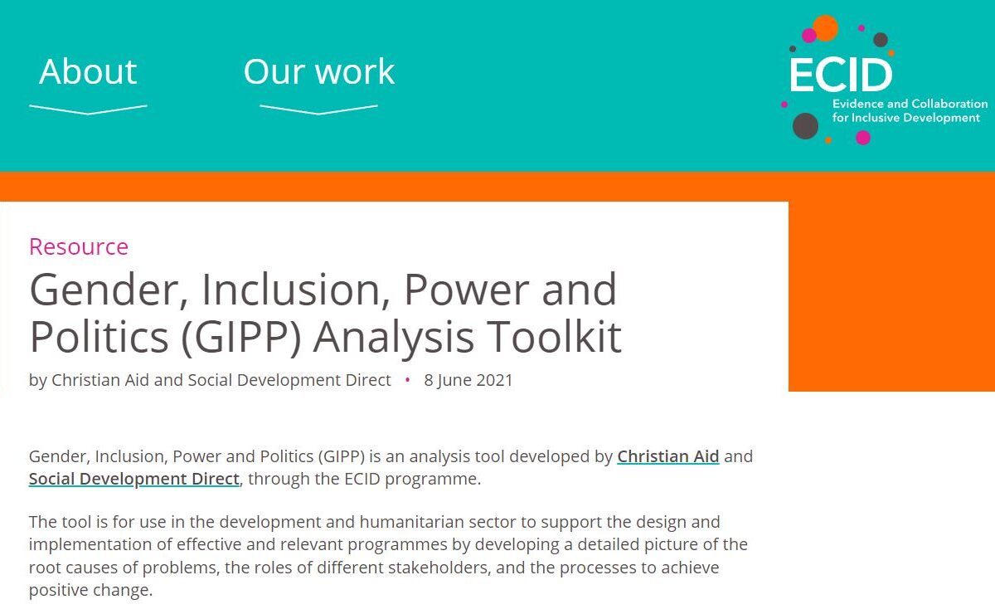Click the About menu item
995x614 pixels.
coord(88,71)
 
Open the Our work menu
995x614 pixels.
coord(319,71)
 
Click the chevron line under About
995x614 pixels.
coord(88,110)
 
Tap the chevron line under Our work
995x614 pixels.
coord(318,110)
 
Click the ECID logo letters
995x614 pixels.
coord(841,76)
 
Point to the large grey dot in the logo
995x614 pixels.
coord(805,126)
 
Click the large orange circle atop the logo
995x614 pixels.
coord(825,28)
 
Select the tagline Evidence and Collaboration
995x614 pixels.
coord(910,104)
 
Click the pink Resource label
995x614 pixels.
coord(79,246)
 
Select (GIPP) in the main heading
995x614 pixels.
coord(241,338)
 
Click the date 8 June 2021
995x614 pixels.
coord(468,381)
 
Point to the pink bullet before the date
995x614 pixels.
coord(407,380)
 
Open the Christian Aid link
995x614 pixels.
coord(667,456)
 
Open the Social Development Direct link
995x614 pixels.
coord(134,480)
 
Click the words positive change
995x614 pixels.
coord(90,591)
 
